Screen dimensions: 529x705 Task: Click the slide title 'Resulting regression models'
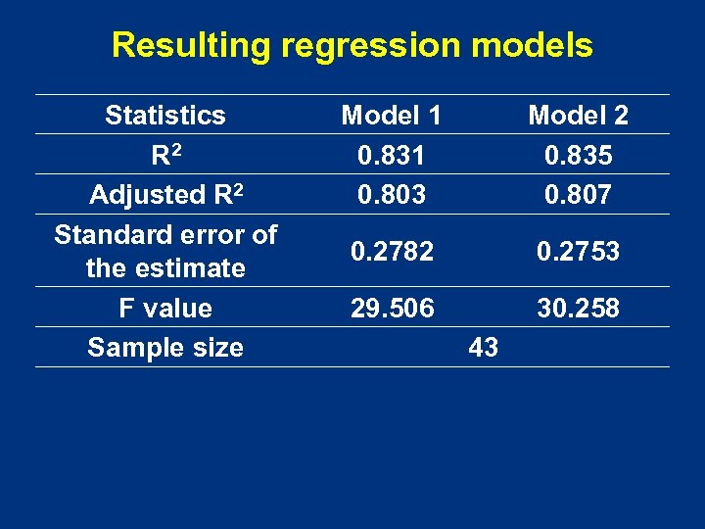tap(352, 45)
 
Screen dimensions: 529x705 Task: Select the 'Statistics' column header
tap(164, 116)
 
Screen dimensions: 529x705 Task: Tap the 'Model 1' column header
tap(391, 116)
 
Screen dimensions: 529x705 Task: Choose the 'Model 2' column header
tap(578, 116)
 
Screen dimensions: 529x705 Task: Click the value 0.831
tap(391, 155)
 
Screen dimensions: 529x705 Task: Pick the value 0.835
tap(578, 155)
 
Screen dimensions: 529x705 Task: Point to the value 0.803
tap(391, 195)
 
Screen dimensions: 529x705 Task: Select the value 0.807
tap(578, 195)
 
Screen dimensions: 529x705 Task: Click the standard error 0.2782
tap(391, 252)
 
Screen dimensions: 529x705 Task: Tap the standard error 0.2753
tap(578, 252)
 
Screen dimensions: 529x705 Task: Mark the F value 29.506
tap(391, 309)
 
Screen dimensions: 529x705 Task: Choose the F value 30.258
tap(578, 309)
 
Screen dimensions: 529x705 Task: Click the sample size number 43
tap(484, 347)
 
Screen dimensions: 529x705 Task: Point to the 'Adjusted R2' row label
tap(164, 194)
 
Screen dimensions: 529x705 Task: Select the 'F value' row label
tap(164, 309)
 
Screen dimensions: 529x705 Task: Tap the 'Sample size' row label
tap(164, 347)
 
